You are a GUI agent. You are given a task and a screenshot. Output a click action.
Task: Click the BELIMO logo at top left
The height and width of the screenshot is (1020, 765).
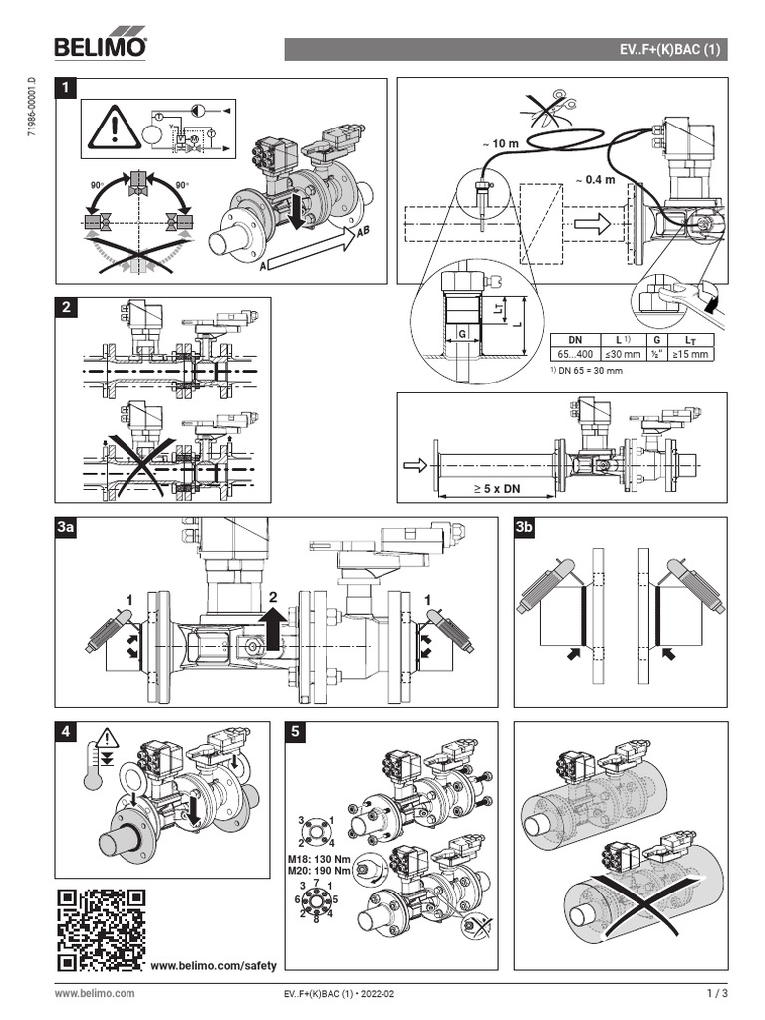pos(101,46)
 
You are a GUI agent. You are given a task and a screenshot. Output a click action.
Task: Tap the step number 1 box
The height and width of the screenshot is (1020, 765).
pos(67,89)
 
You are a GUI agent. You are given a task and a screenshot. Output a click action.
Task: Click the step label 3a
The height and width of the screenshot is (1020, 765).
pos(67,528)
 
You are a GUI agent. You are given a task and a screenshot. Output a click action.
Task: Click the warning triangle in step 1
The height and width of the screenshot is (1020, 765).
pos(115,127)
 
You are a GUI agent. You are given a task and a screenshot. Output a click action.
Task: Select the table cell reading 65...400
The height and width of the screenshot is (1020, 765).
pos(574,353)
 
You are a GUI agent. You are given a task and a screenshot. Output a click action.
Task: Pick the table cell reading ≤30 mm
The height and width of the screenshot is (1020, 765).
pos(618,353)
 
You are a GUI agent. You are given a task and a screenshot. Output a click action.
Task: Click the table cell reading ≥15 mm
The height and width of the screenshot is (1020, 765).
pos(691,353)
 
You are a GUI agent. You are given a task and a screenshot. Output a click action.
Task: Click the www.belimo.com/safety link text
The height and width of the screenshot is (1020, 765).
pos(212,966)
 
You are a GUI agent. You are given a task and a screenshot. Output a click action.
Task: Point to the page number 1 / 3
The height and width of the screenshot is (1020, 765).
pos(717,993)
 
